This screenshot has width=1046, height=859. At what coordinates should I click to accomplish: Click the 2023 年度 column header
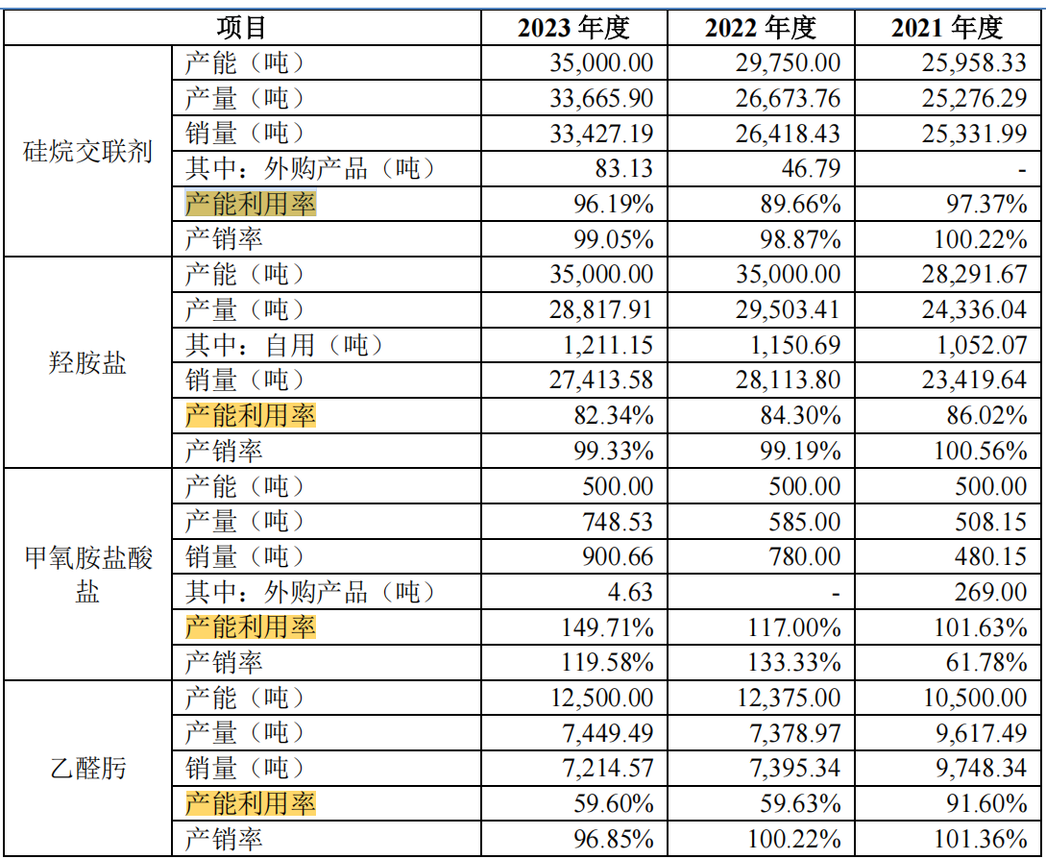coord(573,27)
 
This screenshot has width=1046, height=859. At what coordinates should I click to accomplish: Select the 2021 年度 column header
coord(946,27)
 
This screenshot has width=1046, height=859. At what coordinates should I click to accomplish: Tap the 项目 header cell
coord(241,27)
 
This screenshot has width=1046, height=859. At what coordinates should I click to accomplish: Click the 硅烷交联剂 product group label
coord(87,151)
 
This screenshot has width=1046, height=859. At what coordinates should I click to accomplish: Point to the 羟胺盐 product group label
coord(87,363)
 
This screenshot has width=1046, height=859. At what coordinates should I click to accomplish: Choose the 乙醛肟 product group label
coord(87,768)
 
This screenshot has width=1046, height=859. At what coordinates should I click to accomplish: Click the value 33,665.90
coord(601,98)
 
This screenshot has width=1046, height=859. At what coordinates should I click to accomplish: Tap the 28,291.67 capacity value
coord(975,274)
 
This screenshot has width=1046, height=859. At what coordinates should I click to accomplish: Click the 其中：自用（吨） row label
coord(278,345)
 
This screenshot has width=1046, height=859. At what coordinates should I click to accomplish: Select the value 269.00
coord(994,592)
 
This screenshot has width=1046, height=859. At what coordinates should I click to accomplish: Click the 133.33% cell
coord(795,662)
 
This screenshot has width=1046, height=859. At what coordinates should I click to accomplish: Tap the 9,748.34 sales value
coord(982,768)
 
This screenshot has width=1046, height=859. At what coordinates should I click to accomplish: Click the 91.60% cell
coord(988,803)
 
